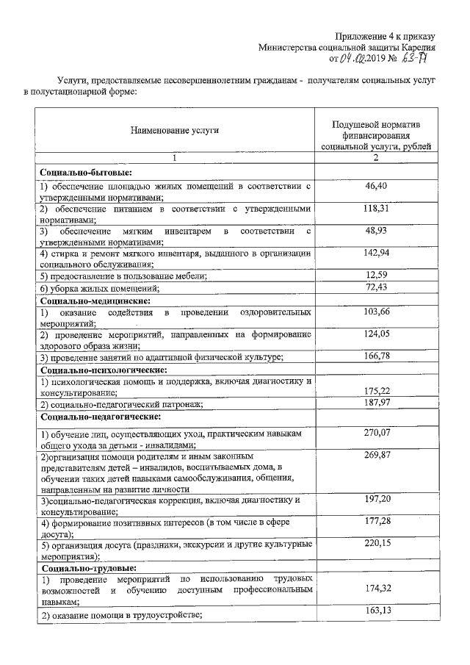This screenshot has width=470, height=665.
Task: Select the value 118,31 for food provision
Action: coord(375,209)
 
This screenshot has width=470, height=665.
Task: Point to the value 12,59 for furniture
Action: coord(375,275)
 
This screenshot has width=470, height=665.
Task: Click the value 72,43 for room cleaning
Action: coord(375,287)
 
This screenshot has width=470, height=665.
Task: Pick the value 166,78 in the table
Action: coord(375,356)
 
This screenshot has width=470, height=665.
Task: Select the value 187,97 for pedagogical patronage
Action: coord(375,403)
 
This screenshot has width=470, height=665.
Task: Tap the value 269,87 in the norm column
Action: coord(375,456)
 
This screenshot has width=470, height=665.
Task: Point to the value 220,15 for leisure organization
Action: coord(375,544)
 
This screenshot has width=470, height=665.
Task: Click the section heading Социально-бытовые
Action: coord(86,173)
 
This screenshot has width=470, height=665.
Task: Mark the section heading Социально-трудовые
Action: coord(89,568)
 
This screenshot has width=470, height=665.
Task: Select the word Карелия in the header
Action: coord(418,47)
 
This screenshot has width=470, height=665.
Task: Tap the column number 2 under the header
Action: coord(375,158)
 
